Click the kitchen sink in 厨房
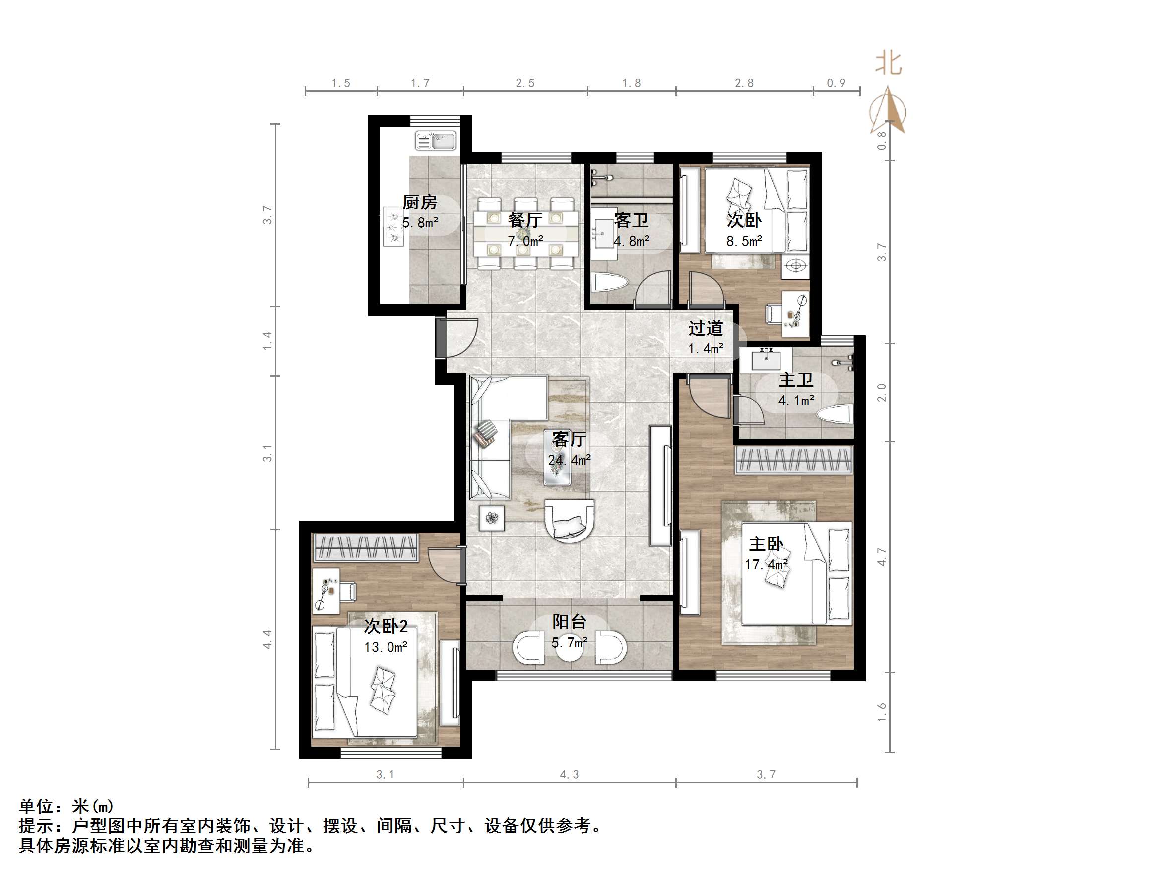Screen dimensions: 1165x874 pos(436,140)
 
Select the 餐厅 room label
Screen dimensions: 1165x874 pos(525,220)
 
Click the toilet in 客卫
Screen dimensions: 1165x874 pos(611,284)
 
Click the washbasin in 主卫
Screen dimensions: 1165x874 pos(766,360)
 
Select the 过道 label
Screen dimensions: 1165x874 pos(706,328)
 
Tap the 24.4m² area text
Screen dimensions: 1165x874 pos(569,460)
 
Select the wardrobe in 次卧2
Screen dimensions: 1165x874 pos(366,548)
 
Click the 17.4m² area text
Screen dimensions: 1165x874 pos(766,565)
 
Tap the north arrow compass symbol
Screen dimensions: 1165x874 pos(889,110)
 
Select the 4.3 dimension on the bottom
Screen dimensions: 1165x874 pos(569,774)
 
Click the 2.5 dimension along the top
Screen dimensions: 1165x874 pos(525,83)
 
